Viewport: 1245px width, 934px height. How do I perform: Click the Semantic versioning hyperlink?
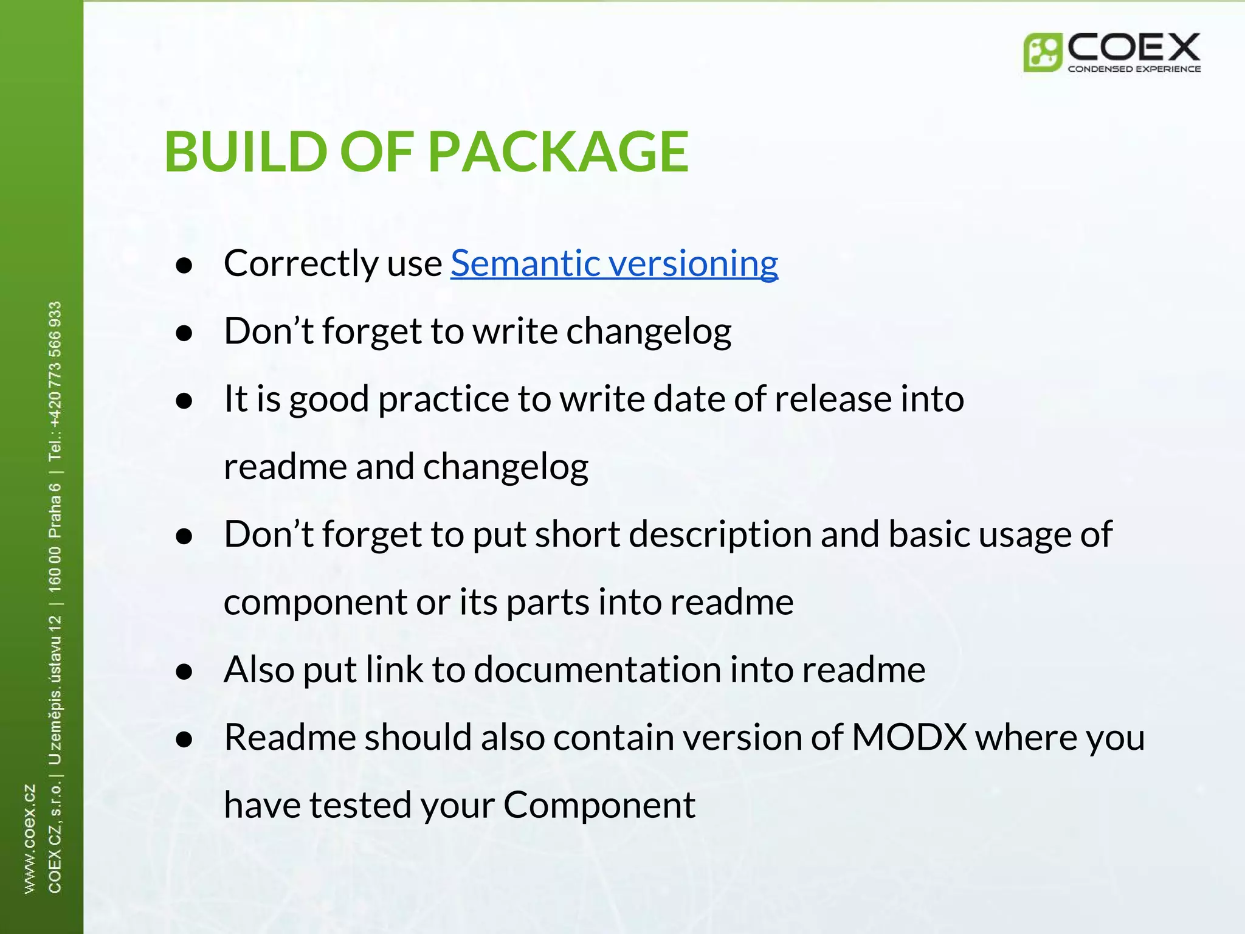point(614,264)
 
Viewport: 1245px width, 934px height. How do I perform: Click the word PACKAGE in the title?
point(558,152)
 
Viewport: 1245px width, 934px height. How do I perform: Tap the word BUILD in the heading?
point(246,152)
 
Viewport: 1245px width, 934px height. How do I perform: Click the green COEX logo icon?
point(1042,53)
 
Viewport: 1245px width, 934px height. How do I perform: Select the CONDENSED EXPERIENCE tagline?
point(1134,69)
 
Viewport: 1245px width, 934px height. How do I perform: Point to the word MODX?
point(909,738)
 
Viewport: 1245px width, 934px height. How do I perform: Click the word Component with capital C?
point(599,806)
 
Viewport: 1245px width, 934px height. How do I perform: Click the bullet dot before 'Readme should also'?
point(184,739)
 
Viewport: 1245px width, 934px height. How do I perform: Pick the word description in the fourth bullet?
point(720,535)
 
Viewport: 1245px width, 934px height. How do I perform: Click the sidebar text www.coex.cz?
point(30,839)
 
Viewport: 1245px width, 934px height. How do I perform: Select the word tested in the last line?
point(360,806)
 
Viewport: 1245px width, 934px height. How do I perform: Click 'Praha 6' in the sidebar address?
point(55,511)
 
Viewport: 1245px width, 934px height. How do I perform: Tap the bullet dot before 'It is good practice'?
point(184,401)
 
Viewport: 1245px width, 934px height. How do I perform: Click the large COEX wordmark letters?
point(1134,47)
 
